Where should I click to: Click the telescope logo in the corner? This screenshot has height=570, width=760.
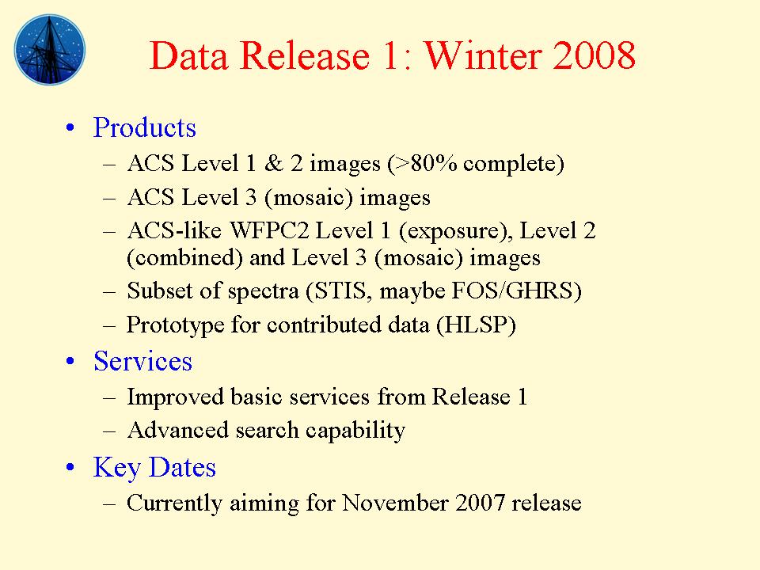point(49,48)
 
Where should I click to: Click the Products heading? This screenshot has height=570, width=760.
point(144,127)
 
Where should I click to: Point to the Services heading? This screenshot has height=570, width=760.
point(142,361)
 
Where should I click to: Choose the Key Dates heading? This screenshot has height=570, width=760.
point(154,467)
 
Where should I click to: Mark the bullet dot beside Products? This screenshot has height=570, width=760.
point(73,129)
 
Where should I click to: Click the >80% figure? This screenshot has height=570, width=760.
point(424,164)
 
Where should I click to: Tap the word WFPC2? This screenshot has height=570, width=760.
point(272,231)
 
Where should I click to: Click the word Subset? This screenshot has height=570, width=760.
point(154,291)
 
